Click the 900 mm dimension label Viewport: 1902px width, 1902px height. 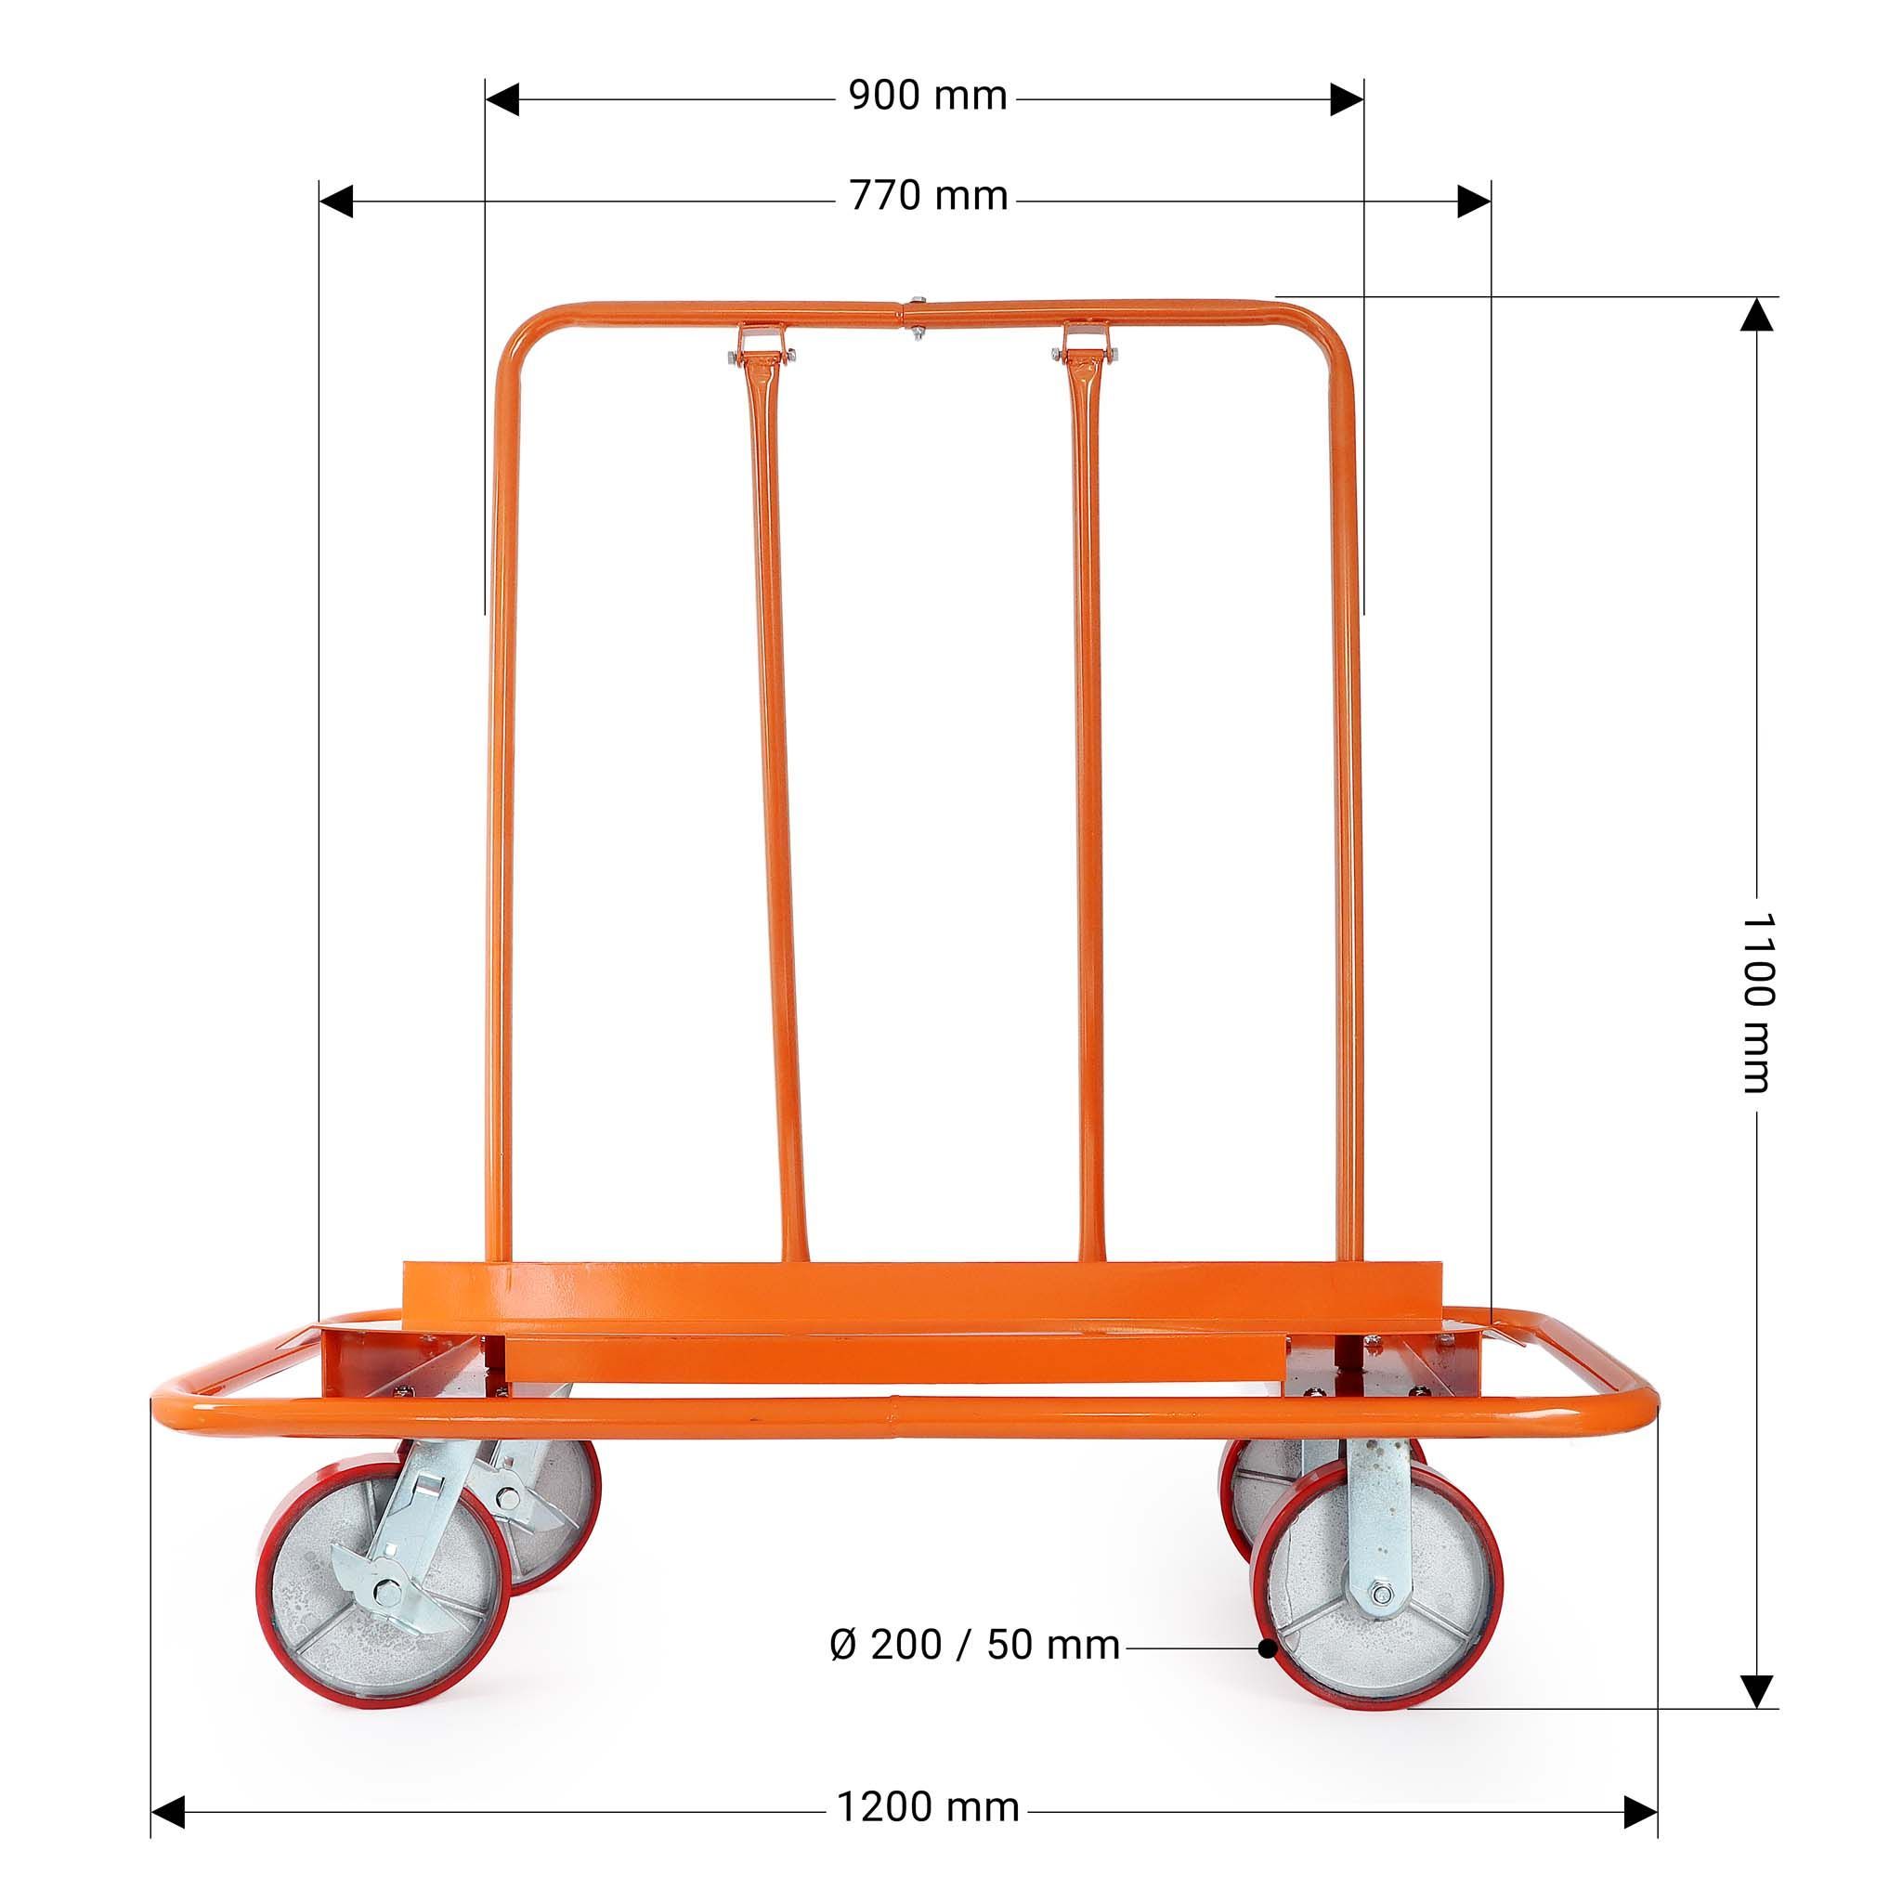[x=928, y=97]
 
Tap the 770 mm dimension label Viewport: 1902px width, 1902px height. [x=929, y=197]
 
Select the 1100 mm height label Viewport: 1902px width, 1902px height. [x=1756, y=1002]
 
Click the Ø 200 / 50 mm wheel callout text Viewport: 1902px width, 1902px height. [x=974, y=1645]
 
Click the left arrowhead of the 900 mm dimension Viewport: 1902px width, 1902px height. [x=502, y=99]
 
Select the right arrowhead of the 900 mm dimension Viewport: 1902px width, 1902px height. [x=1347, y=99]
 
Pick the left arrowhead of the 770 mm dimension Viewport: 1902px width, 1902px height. [x=335, y=201]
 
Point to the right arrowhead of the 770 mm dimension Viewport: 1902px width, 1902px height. [x=1474, y=201]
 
